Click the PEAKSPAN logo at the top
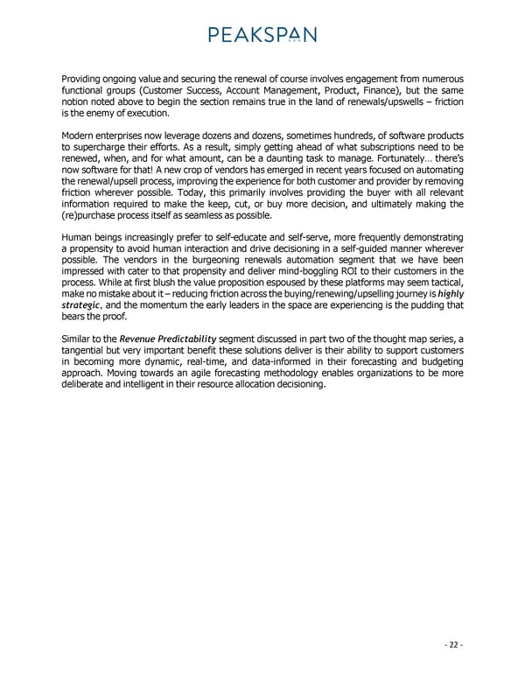(x=262, y=34)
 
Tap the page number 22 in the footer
(x=451, y=645)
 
